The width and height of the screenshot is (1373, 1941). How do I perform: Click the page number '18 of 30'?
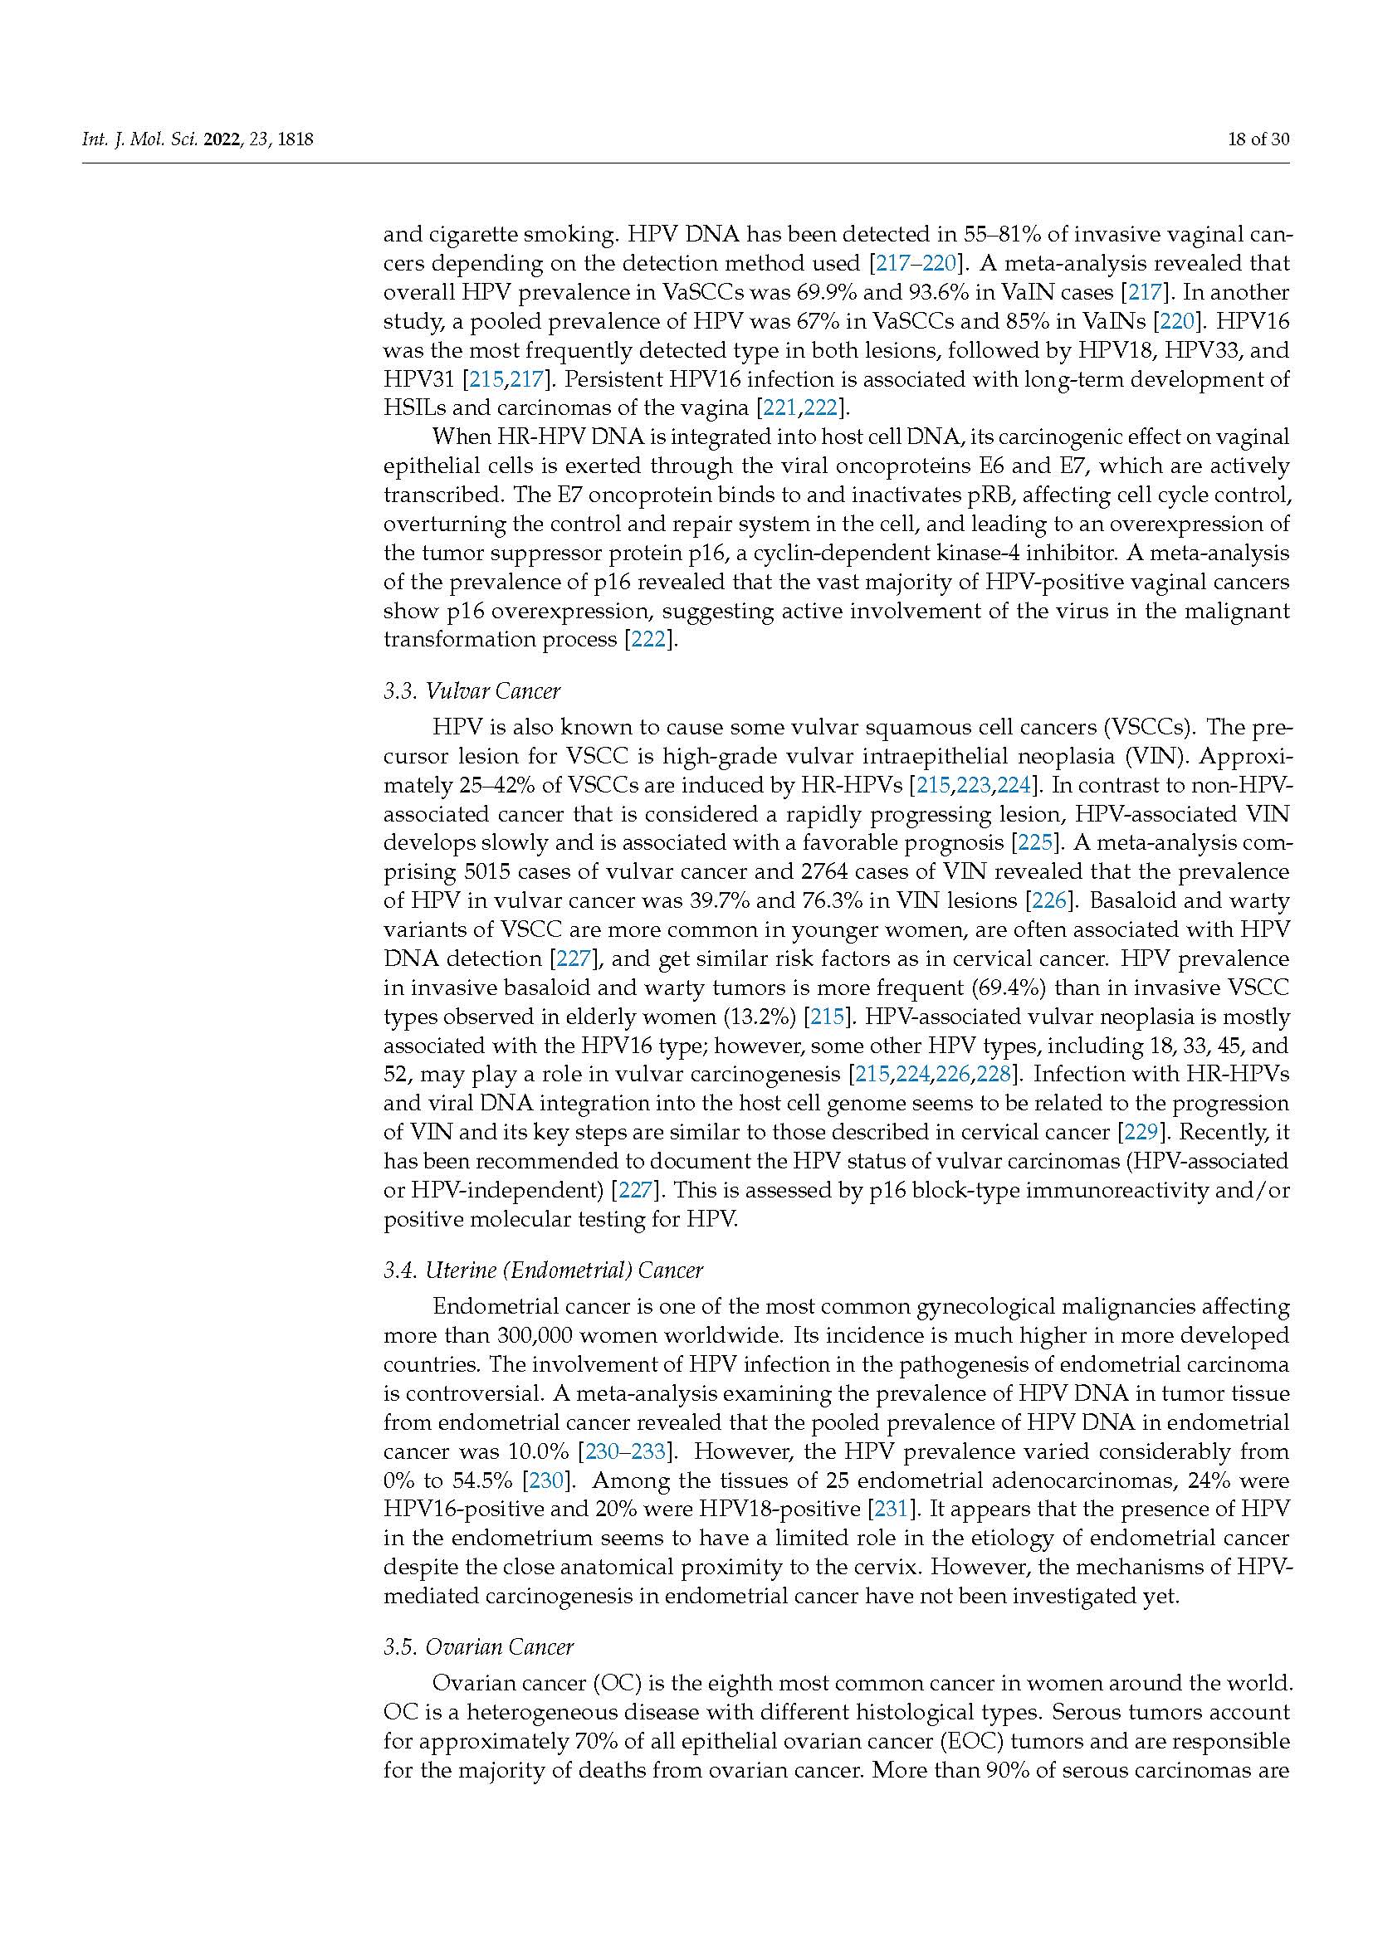1258,139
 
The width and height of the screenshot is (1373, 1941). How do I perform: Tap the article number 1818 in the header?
295,139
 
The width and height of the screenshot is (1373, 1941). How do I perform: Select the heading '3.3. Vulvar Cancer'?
471,691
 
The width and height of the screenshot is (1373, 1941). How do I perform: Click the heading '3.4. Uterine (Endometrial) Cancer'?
543,1270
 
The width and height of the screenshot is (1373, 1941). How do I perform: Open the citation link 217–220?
916,263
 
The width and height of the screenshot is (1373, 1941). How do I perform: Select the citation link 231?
887,1509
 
